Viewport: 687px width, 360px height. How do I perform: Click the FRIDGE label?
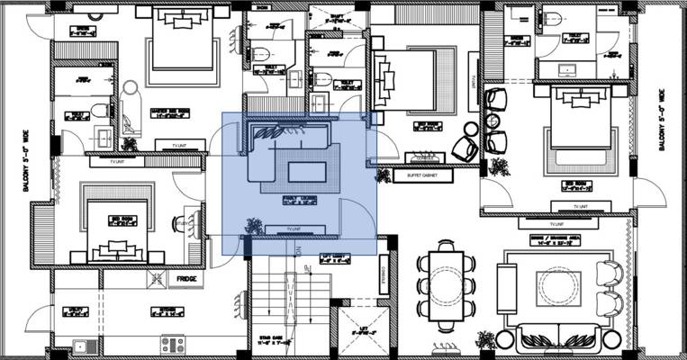(x=187, y=280)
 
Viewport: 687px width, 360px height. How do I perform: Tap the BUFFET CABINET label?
(x=421, y=175)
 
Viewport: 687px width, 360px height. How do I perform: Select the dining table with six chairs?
(x=446, y=285)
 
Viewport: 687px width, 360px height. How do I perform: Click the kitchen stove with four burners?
(x=173, y=343)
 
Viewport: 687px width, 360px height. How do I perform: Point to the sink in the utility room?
(x=80, y=344)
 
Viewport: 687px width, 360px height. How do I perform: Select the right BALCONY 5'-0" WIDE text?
(x=662, y=120)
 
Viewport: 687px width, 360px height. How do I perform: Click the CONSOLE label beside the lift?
(x=384, y=274)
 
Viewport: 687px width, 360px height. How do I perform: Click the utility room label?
(x=77, y=312)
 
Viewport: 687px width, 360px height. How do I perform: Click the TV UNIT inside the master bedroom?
(x=169, y=144)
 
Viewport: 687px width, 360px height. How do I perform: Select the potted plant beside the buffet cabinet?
(x=384, y=175)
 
